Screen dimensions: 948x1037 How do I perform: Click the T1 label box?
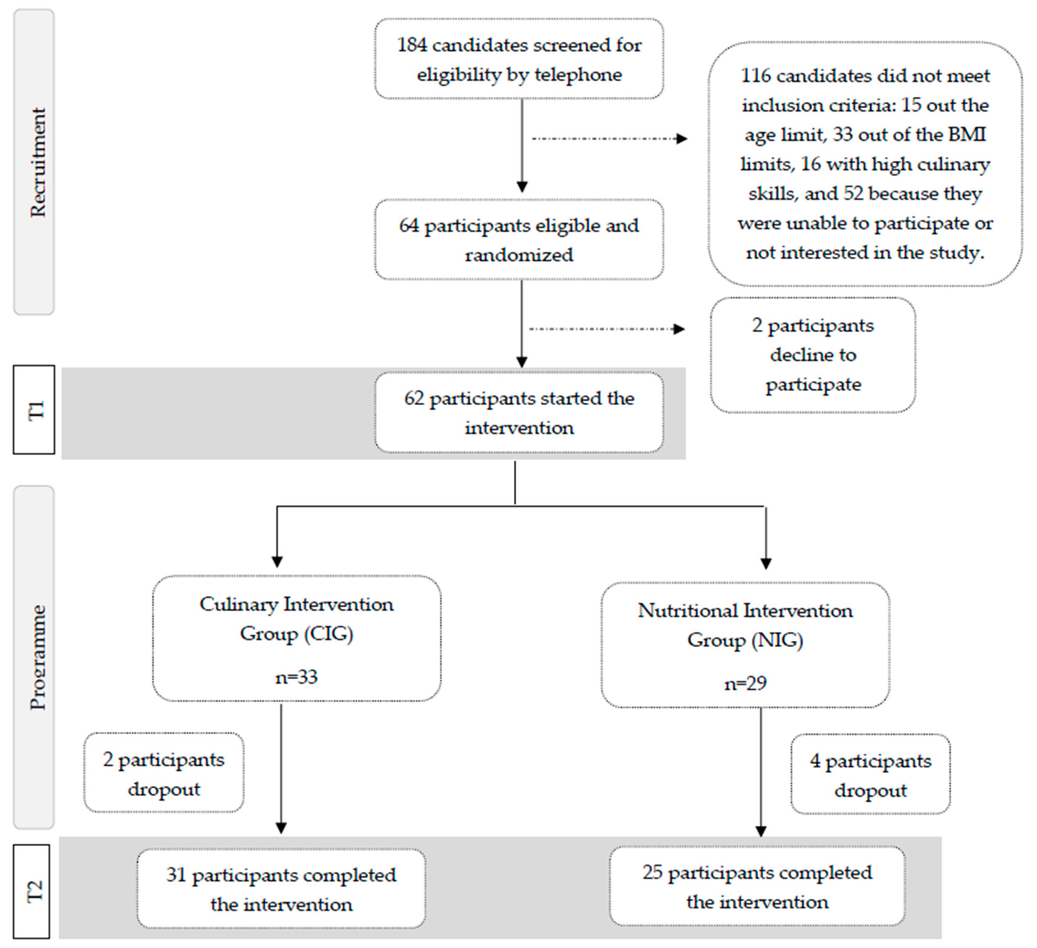[34, 410]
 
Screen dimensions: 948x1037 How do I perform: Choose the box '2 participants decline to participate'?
[813, 355]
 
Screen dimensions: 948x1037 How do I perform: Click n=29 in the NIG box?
[745, 683]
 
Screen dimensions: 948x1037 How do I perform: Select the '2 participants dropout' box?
[163, 773]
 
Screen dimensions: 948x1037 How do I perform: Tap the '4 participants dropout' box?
[870, 775]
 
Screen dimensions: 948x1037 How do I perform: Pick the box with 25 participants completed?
[757, 887]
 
